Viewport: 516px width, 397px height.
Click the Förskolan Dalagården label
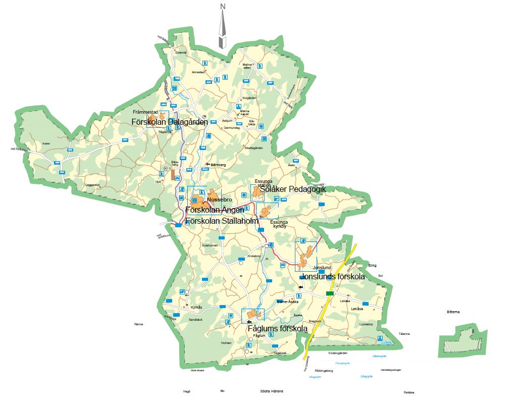click(170, 122)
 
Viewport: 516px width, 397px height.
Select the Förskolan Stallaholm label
click(222, 221)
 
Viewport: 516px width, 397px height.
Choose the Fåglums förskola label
click(278, 329)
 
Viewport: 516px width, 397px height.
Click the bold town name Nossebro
click(219, 200)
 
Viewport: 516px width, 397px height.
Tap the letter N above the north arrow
click(223, 7)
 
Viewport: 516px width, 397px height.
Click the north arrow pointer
click(223, 30)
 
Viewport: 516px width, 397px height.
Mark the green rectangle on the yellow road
click(330, 293)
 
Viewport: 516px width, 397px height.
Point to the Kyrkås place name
click(196, 307)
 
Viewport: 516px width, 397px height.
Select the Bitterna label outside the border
click(453, 312)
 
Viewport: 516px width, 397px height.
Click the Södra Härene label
click(272, 391)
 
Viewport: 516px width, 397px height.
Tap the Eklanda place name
click(180, 52)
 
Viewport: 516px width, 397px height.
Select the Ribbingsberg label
click(324, 371)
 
